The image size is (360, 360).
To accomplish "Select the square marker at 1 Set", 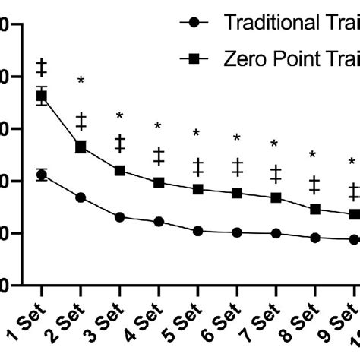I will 42,96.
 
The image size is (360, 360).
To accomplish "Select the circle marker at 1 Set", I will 42,175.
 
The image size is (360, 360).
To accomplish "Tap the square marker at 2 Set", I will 81,147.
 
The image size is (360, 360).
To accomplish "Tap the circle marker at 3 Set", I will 120,217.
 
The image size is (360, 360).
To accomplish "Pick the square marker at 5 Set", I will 198,189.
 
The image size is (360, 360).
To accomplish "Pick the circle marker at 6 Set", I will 238,232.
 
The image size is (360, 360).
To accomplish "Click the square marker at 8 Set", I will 315,209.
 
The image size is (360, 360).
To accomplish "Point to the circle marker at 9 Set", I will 354,239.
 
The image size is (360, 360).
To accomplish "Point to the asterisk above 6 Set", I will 237,138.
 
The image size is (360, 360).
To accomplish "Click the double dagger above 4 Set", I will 159,156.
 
